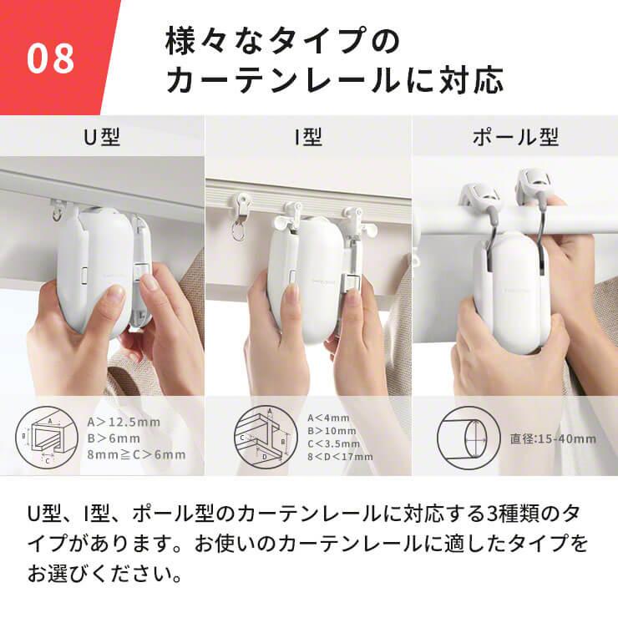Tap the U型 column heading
click(102, 136)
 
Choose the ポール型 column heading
click(514, 136)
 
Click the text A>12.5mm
click(124, 422)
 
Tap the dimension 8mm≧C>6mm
click(136, 455)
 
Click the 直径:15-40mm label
click(553, 438)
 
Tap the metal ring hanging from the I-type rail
click(239, 233)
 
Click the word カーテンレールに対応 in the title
click(334, 81)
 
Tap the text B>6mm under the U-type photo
click(114, 438)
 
